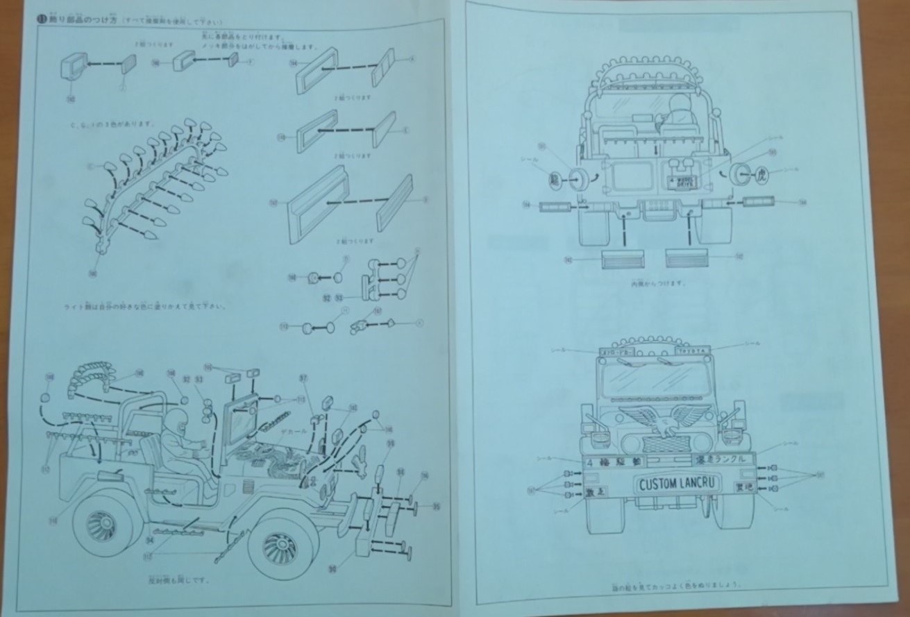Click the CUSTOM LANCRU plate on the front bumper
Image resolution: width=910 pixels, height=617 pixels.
point(679,483)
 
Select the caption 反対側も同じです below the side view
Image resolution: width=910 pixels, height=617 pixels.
point(179,580)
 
